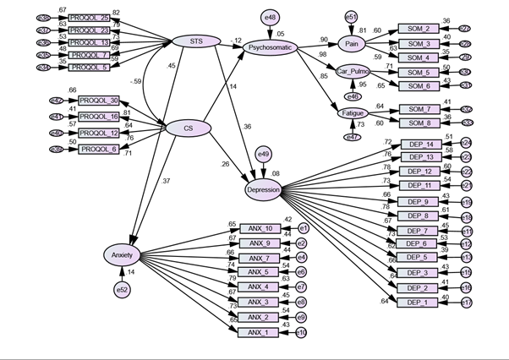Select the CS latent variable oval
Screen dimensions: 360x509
click(x=190, y=128)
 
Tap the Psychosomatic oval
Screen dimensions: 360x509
click(x=270, y=48)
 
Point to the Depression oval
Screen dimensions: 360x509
click(x=263, y=189)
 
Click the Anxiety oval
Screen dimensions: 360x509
click(x=122, y=254)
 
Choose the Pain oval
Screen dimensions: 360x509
click(x=350, y=42)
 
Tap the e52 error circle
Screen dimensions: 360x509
click(x=123, y=290)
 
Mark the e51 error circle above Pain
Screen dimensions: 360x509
click(x=350, y=15)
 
